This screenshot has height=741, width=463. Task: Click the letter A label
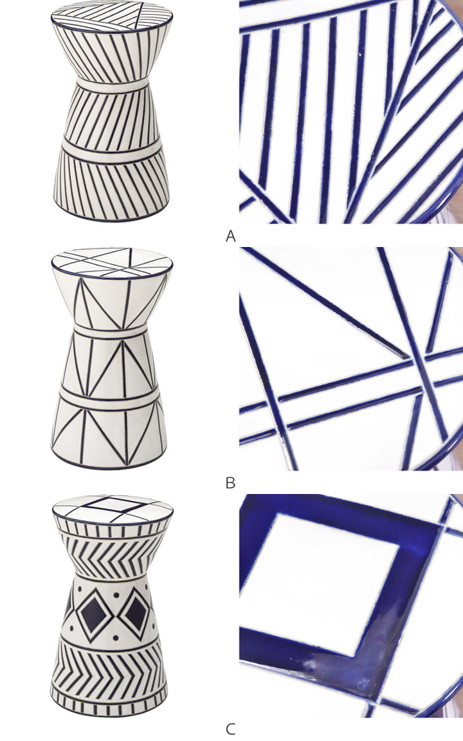(231, 236)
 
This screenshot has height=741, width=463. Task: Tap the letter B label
(231, 483)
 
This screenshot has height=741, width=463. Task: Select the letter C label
(231, 729)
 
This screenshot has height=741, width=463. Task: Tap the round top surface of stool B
(112, 263)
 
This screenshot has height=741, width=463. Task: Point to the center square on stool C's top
(112, 504)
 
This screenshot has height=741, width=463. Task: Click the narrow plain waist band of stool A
(112, 86)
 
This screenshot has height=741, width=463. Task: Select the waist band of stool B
(112, 331)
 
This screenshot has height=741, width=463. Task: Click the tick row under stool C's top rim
(112, 528)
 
